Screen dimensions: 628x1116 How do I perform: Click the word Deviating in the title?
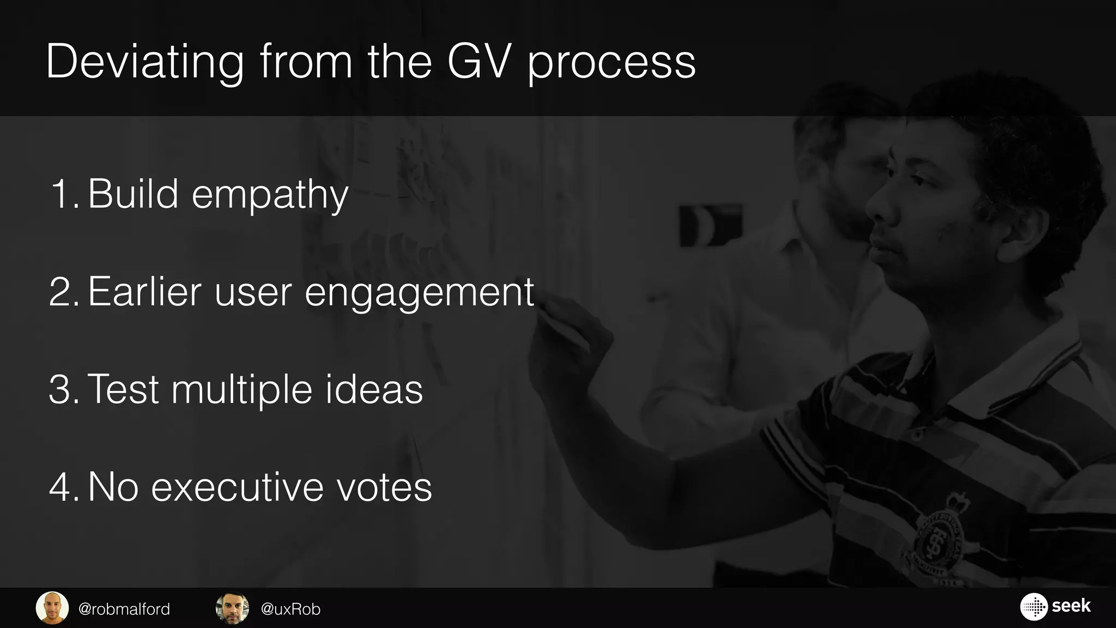click(x=145, y=63)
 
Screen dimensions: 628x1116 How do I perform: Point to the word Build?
click(x=133, y=194)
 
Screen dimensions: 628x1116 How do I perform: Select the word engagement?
click(x=419, y=294)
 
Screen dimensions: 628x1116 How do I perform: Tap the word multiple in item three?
click(x=241, y=390)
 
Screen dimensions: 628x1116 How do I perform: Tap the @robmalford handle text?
click(x=124, y=609)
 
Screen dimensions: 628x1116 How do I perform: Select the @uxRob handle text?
click(x=290, y=609)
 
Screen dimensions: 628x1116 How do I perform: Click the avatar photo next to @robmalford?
click(x=52, y=608)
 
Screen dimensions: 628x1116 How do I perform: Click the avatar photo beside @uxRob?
click(x=233, y=608)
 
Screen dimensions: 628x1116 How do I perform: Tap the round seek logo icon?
click(x=1033, y=607)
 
